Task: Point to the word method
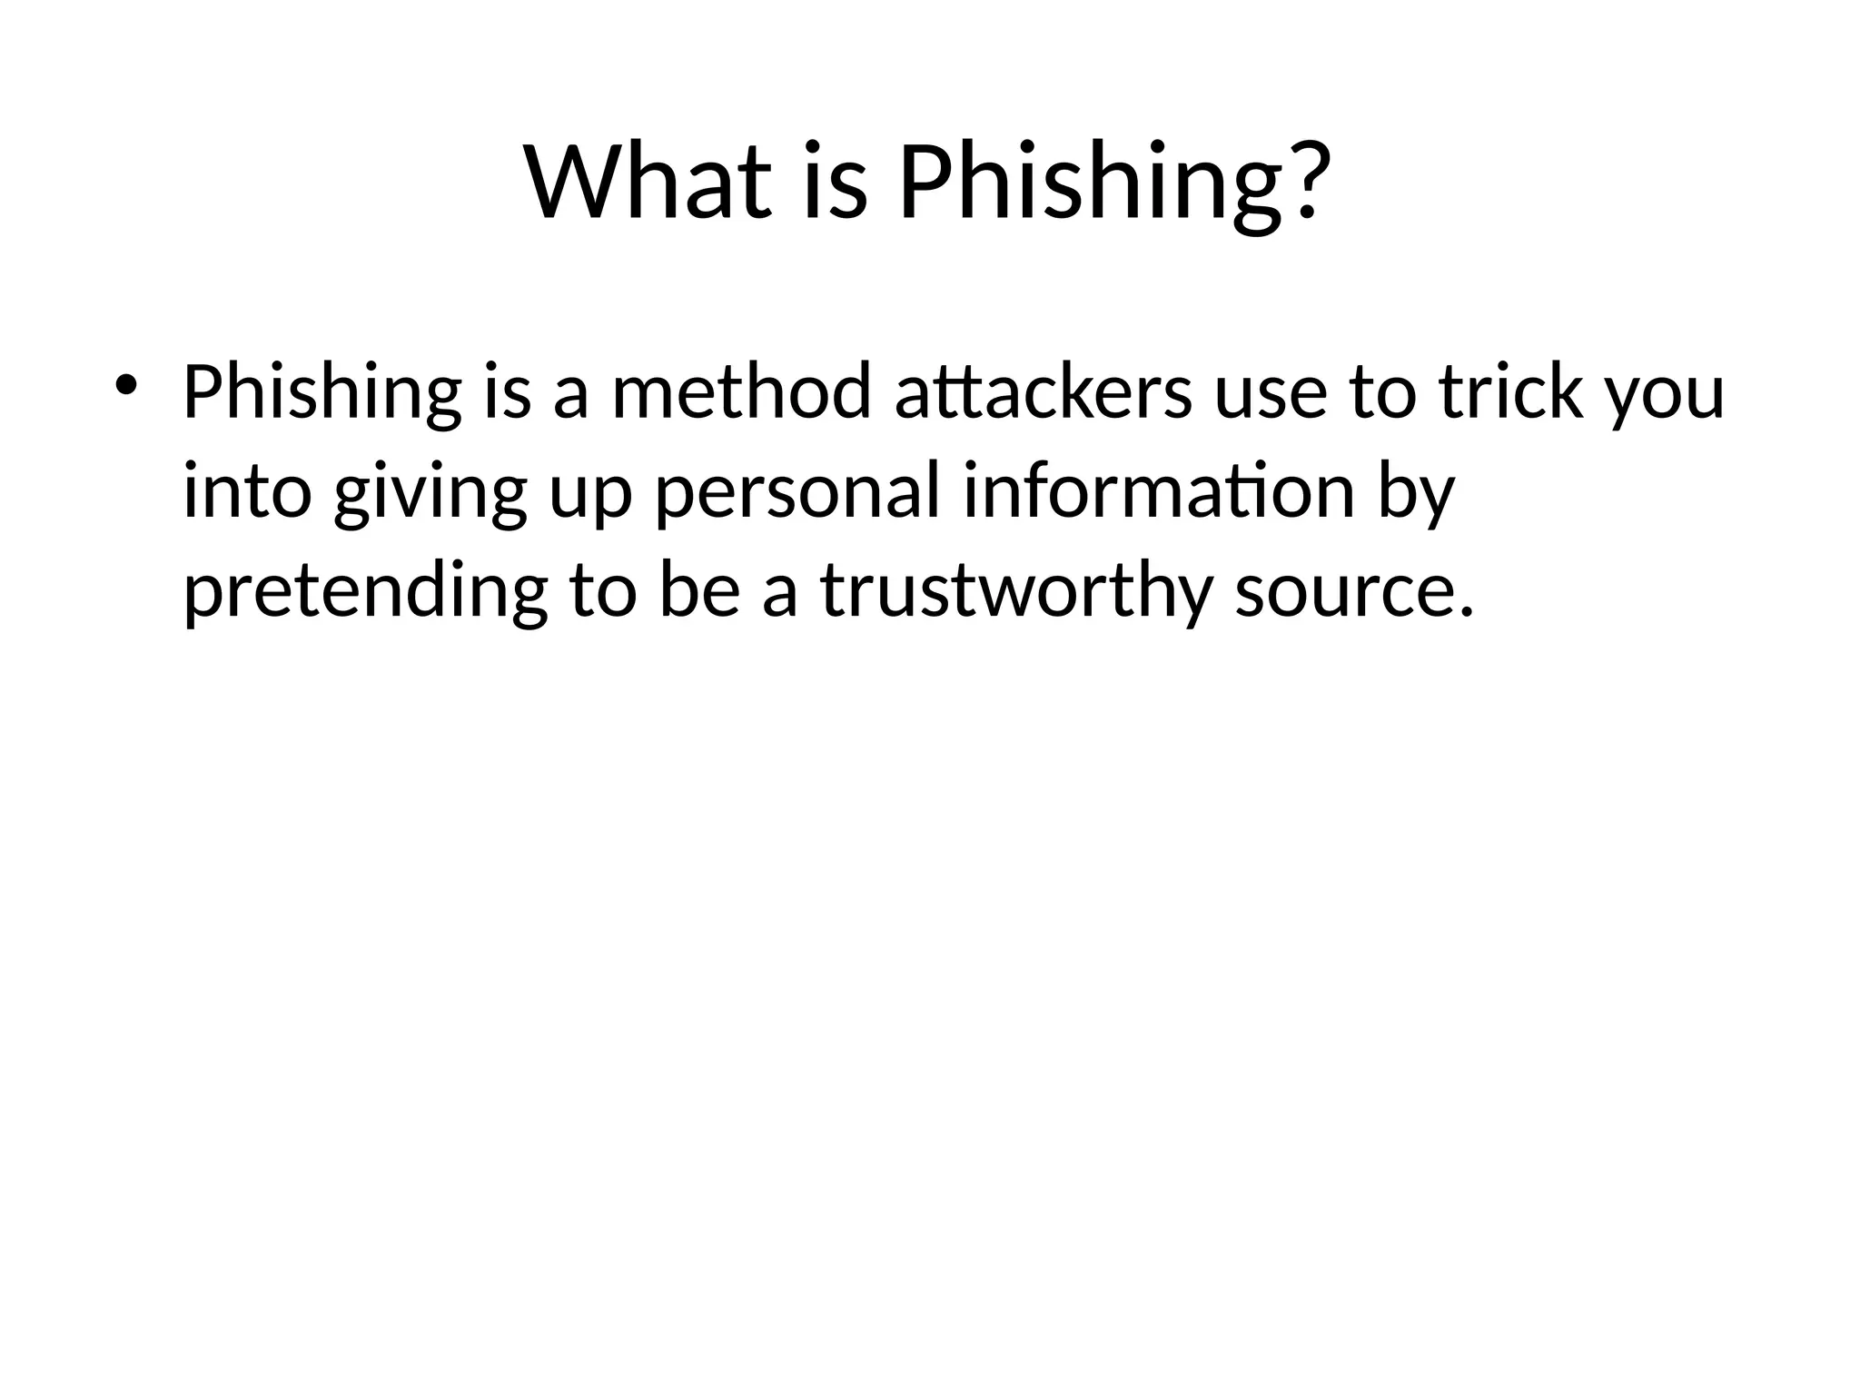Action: (x=740, y=392)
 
